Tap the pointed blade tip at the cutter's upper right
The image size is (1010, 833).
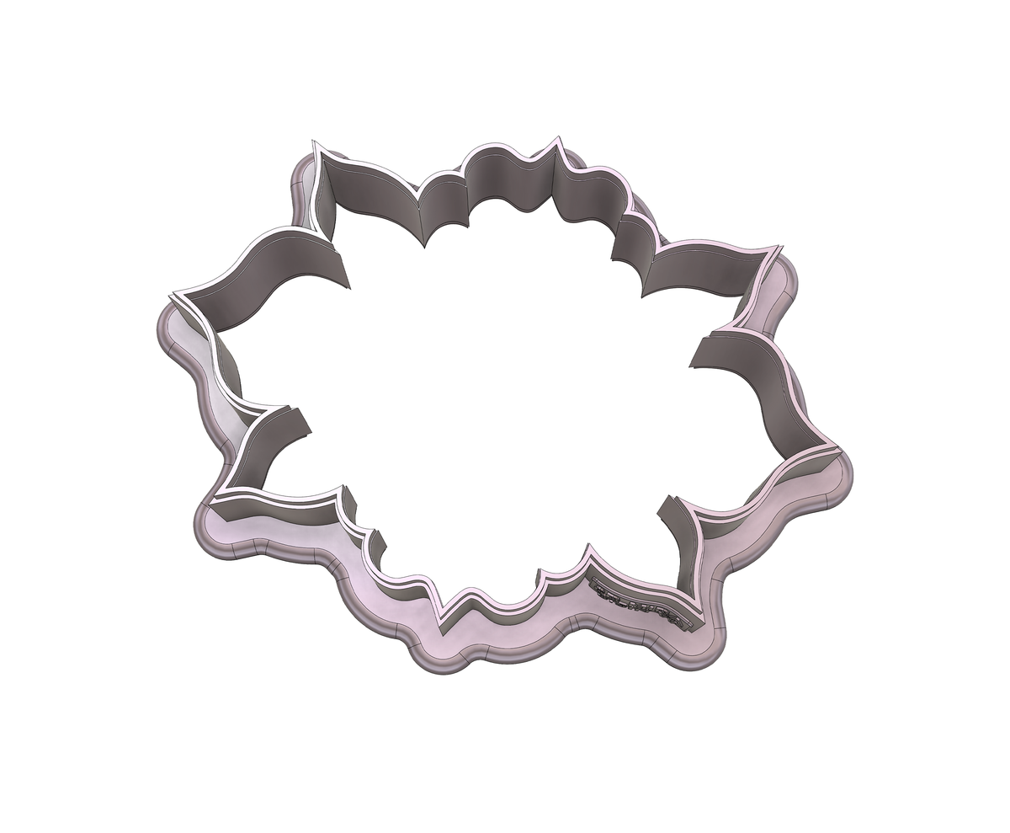coord(780,248)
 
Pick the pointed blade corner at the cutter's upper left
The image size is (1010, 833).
coord(316,143)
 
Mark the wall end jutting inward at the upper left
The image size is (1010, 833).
coord(345,270)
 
